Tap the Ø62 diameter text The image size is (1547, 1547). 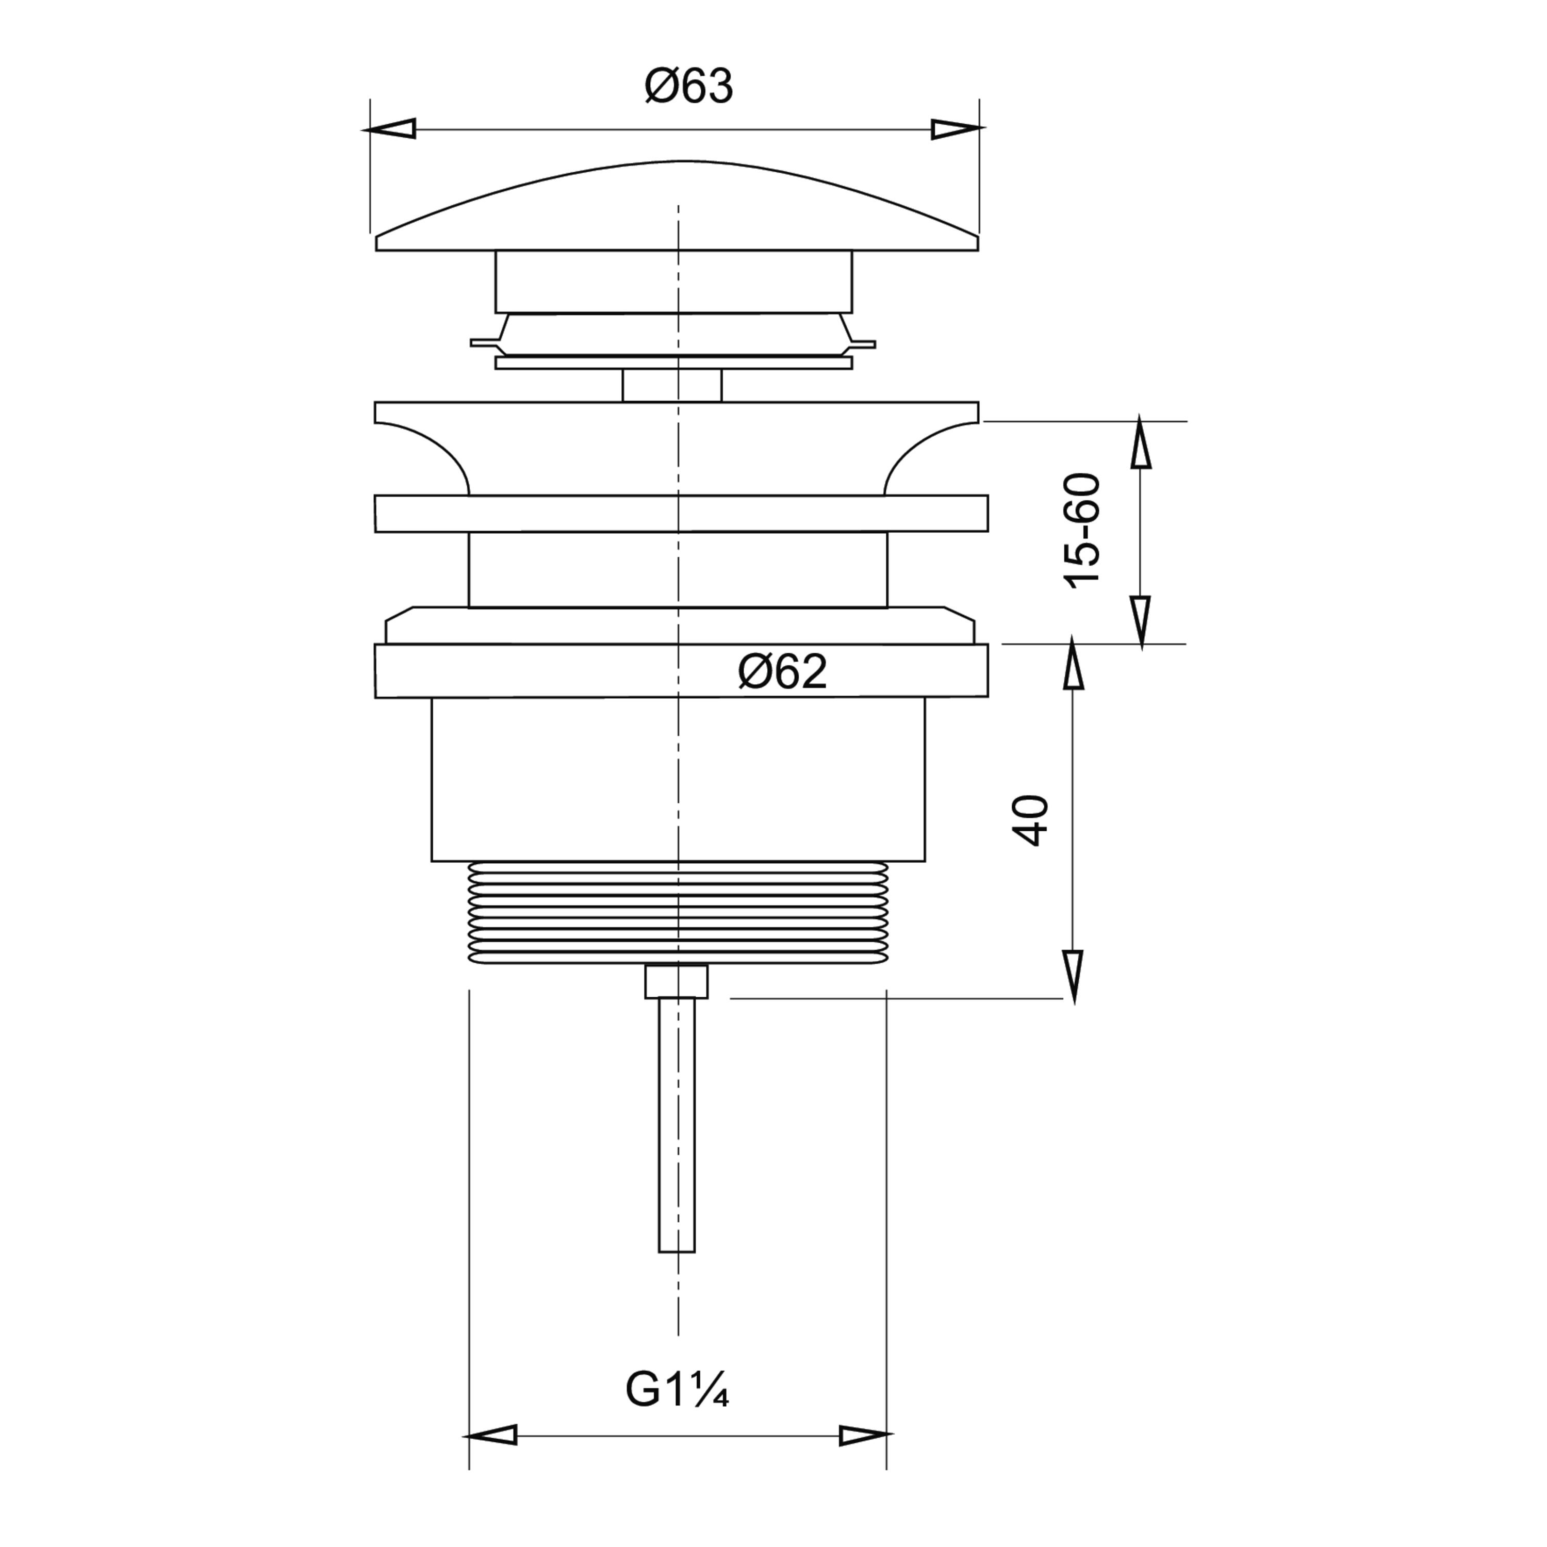click(x=782, y=672)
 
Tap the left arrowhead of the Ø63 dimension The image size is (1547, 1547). click(x=389, y=129)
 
